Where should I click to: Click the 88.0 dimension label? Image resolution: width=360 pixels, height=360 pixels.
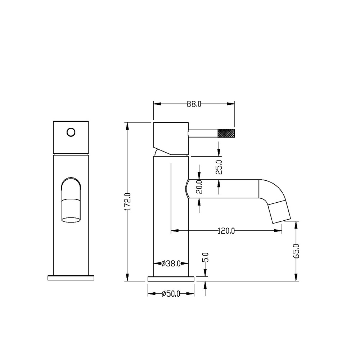point(194,104)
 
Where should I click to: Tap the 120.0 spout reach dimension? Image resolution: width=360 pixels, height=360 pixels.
point(226,231)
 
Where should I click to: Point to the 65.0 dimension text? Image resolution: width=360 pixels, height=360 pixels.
point(296,251)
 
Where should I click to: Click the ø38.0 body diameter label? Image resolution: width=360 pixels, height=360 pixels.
point(171,264)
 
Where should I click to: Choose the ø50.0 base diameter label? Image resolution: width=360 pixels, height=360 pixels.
point(171,294)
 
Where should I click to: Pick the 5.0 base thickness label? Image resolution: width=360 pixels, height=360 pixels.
point(206,257)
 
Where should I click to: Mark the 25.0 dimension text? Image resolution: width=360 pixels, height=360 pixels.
point(219,167)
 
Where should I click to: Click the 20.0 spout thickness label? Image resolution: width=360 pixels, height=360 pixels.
point(199,187)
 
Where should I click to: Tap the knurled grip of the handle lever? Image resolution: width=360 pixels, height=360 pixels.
point(226,134)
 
